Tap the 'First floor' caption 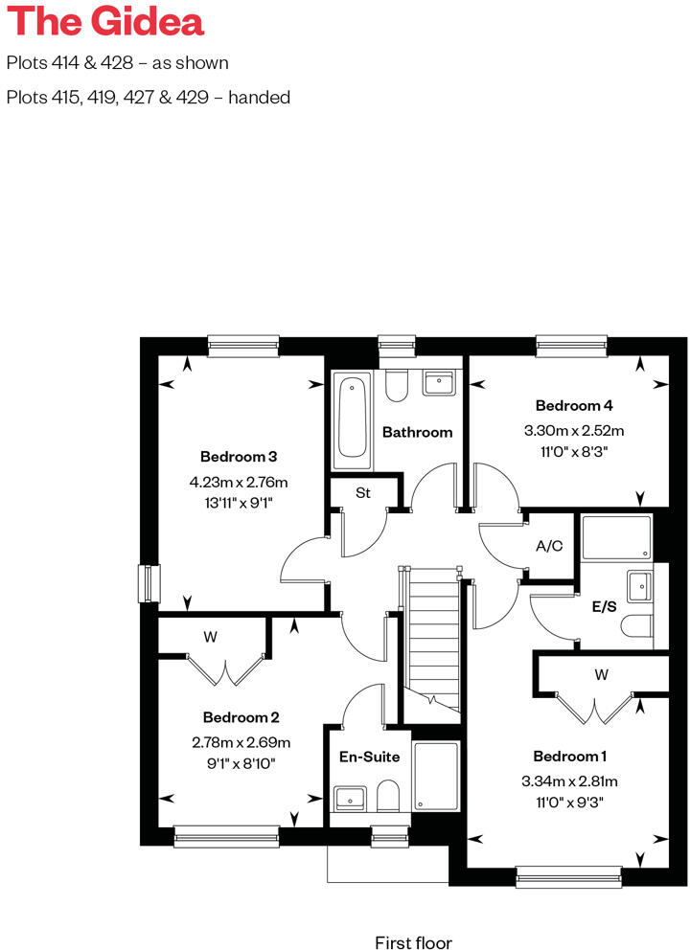413,942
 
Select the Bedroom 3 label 239,456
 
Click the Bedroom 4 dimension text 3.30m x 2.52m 573,430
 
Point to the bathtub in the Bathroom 353,419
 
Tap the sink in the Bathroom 439,384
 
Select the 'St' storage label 363,493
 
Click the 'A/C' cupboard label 549,546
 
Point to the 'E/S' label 603,606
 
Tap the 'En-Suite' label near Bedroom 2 369,757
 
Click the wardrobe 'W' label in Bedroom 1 601,674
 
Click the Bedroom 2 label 241,716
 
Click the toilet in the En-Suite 387,795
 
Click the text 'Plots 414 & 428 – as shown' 118,64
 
